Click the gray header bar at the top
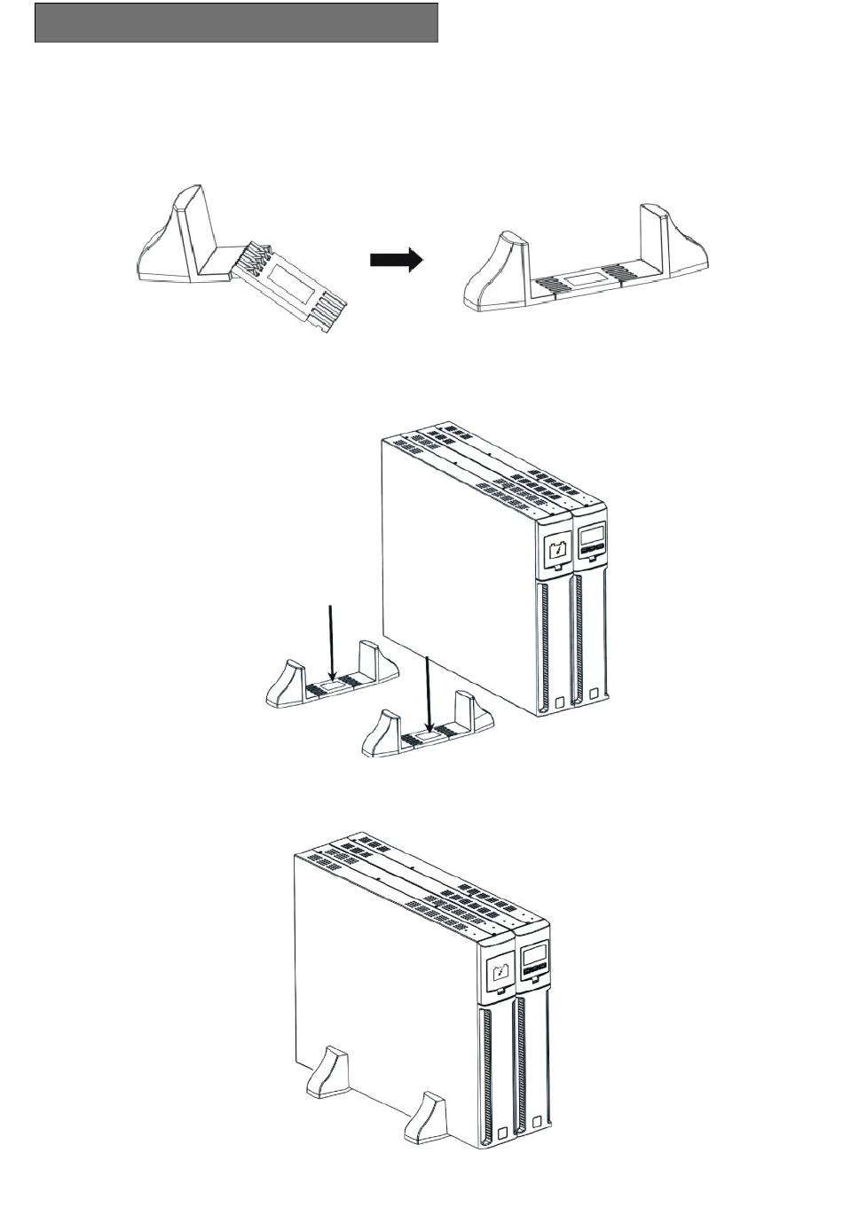coord(236,22)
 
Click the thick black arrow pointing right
coord(396,261)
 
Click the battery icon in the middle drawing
coord(556,551)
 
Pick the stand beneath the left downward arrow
coord(328,683)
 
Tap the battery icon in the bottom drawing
coord(499,976)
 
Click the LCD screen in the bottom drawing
coord(533,958)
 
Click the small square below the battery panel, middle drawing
coord(559,703)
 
